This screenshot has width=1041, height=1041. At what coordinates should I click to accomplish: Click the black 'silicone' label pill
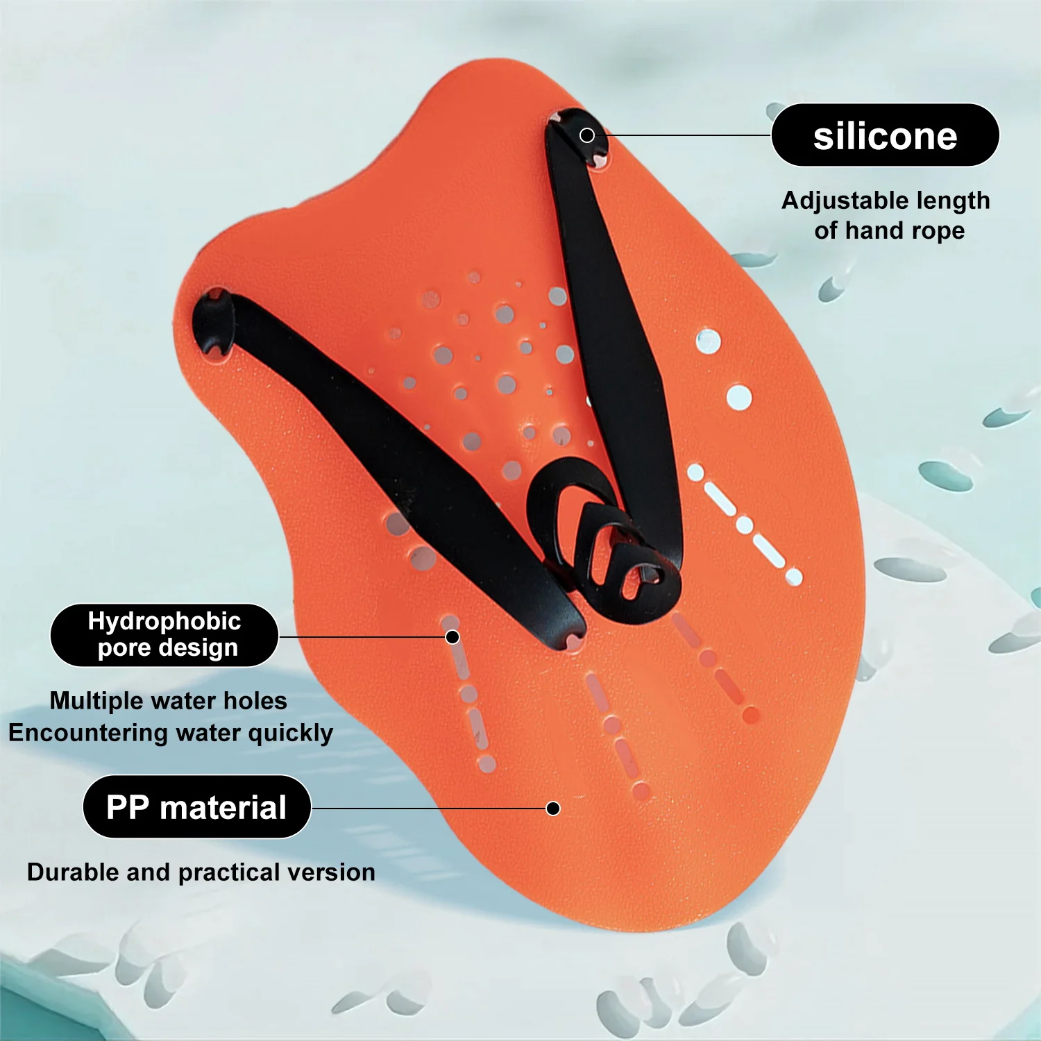coord(885,135)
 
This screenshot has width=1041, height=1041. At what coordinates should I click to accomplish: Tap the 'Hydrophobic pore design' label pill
coord(164,635)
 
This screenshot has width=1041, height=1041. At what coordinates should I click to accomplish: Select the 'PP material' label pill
coord(197,807)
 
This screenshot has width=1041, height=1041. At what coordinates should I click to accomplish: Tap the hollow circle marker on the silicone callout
coord(587,135)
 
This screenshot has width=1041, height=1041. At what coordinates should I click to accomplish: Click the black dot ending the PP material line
coord(553,809)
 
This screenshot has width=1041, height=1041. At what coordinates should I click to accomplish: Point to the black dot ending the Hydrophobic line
coord(452,637)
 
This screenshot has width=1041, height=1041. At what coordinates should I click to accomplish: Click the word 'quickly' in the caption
coord(291,734)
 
